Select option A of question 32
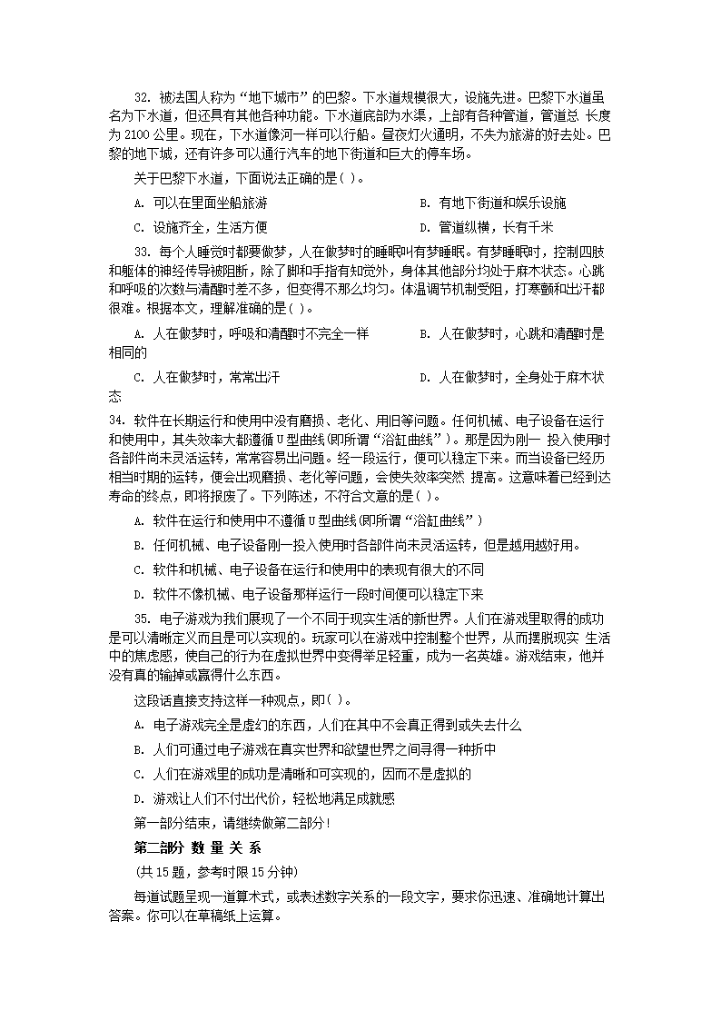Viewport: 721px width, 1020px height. (200, 203)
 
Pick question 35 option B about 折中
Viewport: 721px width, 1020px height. (314, 749)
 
